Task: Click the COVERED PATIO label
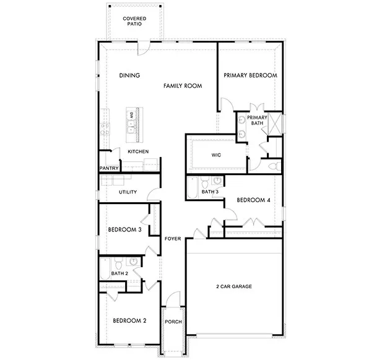point(134,23)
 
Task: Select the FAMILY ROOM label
point(183,86)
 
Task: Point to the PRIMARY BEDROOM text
point(250,75)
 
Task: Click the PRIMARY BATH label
point(257,120)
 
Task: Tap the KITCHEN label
point(137,152)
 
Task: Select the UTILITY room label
point(128,192)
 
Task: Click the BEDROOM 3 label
point(124,229)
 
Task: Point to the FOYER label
point(172,238)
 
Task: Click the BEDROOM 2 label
point(129,321)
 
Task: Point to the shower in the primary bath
point(276,122)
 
